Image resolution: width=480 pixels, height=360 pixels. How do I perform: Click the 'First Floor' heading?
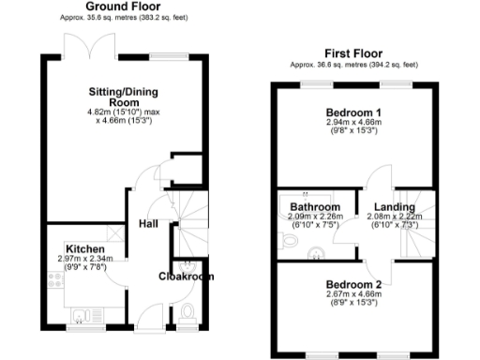tap(353, 53)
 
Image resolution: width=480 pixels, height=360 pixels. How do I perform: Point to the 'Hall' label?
tap(148, 225)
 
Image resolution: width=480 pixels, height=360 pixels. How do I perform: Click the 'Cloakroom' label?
tap(186, 276)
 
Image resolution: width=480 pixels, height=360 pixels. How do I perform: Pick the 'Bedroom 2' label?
tap(353, 283)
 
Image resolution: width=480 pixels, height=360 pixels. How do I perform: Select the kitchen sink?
tap(80, 312)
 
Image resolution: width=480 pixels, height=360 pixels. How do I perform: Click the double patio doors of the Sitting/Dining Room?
tap(79, 48)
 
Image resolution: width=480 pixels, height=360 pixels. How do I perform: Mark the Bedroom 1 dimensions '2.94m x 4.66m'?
tap(352, 123)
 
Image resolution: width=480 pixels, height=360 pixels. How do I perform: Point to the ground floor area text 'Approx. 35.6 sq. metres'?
tap(84, 18)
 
